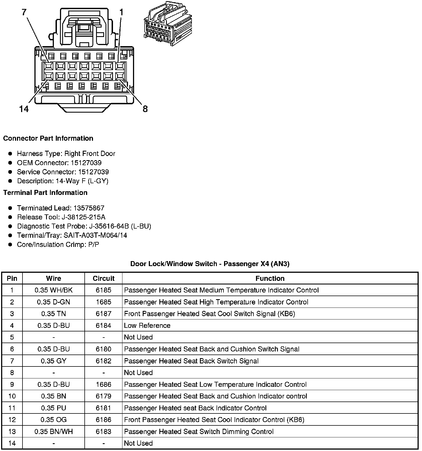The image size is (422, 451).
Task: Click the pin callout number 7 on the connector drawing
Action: click(24, 12)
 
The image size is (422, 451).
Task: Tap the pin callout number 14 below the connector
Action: click(24, 109)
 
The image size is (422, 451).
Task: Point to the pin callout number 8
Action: click(145, 109)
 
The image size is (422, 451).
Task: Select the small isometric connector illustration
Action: click(168, 24)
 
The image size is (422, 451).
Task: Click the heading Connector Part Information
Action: click(48, 138)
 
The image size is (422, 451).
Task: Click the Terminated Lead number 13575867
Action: click(89, 208)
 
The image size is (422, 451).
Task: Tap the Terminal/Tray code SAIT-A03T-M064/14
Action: click(95, 235)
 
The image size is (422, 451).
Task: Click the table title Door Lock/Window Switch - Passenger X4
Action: click(210, 264)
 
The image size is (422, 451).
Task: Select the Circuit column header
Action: click(104, 278)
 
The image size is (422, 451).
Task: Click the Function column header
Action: click(270, 278)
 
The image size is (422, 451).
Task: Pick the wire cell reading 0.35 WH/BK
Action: click(54, 290)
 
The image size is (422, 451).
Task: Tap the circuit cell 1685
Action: click(104, 302)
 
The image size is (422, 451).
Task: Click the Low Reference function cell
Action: click(147, 325)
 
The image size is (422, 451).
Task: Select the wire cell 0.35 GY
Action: click(54, 361)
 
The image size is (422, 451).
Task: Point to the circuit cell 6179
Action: click(104, 396)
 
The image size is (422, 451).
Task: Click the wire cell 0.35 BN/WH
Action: click(54, 432)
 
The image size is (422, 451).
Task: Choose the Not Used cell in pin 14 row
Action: click(138, 443)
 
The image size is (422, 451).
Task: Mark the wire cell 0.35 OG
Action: click(54, 420)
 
